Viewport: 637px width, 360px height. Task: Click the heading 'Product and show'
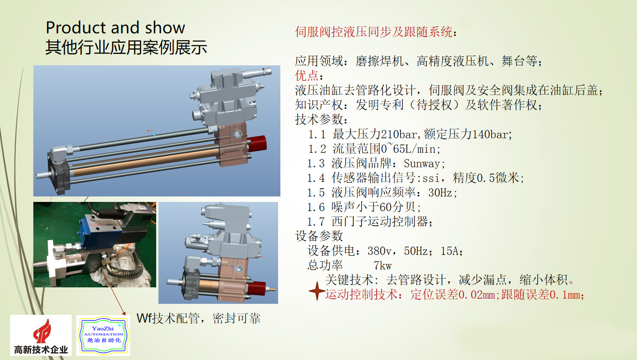click(x=115, y=27)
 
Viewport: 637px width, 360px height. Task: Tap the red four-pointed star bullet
click(x=317, y=291)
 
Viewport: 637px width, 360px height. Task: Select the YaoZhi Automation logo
click(x=103, y=335)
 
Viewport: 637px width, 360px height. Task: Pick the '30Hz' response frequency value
click(x=440, y=193)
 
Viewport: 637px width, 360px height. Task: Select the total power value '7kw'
click(x=383, y=265)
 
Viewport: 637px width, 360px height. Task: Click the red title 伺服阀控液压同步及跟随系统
click(x=374, y=32)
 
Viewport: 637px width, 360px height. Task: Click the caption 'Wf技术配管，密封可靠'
click(x=199, y=318)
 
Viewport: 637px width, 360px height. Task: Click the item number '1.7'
click(x=316, y=222)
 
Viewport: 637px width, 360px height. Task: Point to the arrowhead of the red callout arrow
click(x=124, y=313)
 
